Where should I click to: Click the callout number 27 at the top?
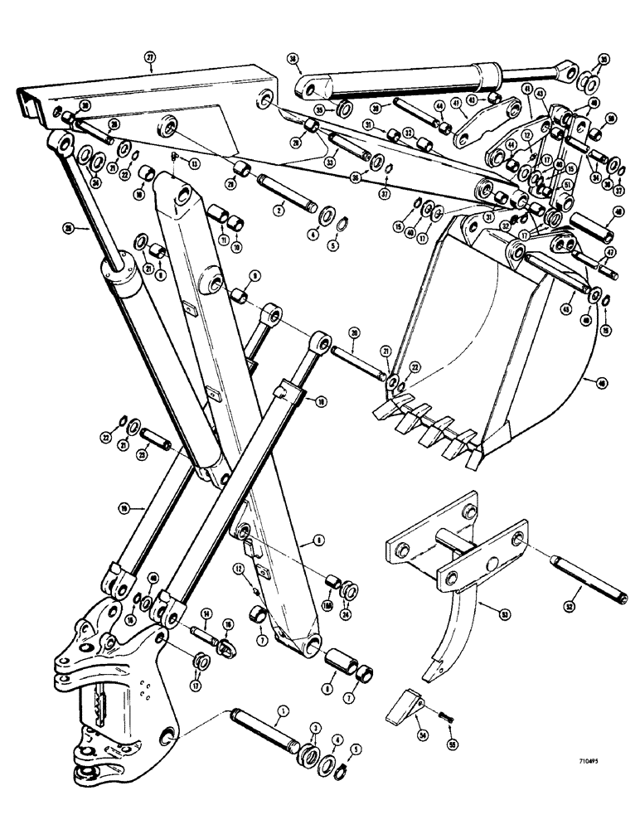coord(150,58)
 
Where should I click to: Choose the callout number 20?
coord(354,332)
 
